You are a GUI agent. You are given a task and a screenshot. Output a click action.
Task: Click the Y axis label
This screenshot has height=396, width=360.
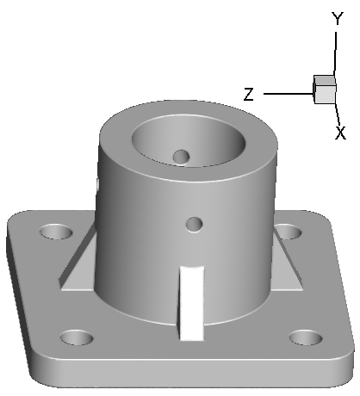tap(338, 18)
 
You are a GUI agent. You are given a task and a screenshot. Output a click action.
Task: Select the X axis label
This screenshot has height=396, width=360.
tap(340, 133)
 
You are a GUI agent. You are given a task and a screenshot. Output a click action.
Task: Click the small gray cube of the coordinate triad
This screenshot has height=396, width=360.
tap(324, 90)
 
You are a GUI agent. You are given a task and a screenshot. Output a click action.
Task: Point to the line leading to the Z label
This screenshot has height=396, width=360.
tap(287, 93)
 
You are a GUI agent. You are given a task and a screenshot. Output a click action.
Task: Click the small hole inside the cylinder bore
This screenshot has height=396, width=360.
tap(180, 156)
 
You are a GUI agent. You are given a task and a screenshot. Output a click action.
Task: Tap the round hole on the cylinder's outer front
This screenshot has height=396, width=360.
tap(195, 224)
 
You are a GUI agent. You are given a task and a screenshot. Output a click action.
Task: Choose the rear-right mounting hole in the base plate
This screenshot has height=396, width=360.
tap(288, 232)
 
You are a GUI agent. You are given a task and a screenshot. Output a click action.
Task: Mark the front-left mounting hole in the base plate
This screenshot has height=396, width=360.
tap(76, 337)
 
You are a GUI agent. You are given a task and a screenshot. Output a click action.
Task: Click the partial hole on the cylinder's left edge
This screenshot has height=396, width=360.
tap(99, 183)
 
